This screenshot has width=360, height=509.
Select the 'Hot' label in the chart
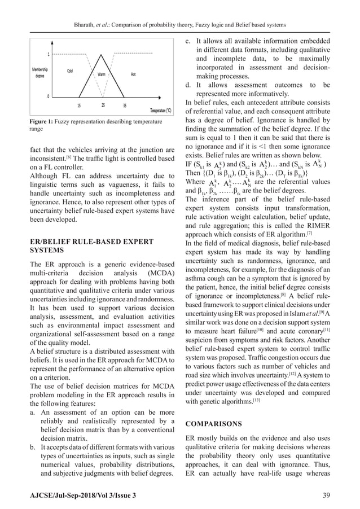click(133, 74)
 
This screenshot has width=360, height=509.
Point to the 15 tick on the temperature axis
click(80, 105)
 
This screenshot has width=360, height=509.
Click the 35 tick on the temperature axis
click(124, 105)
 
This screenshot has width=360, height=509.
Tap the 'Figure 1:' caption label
click(46, 121)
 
